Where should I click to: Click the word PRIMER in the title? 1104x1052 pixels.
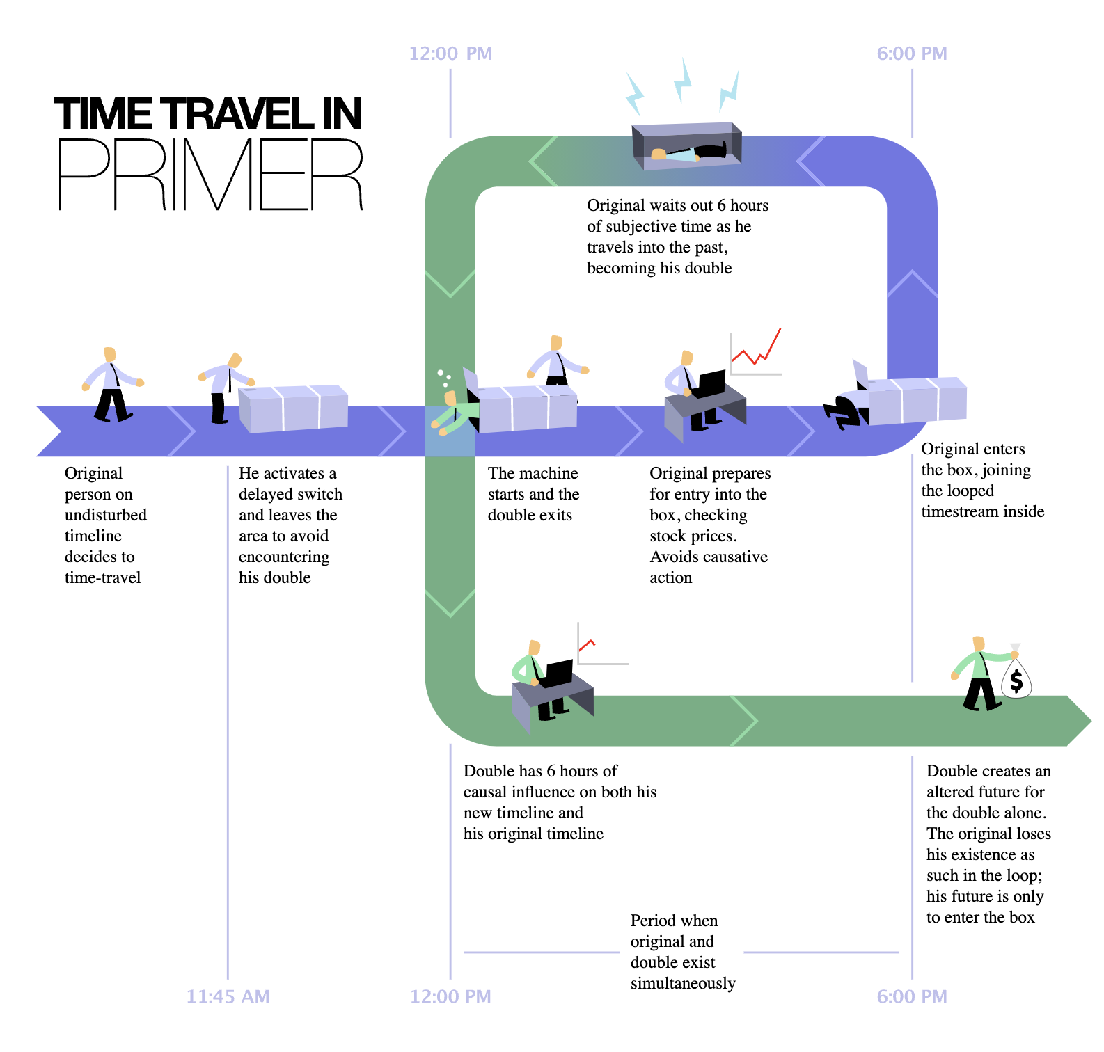point(210,175)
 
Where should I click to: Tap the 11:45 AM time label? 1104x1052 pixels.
point(228,996)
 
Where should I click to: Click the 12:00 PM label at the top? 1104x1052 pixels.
point(450,54)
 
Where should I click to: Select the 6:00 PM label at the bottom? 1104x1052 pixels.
point(912,996)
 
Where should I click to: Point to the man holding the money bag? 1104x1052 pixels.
point(980,674)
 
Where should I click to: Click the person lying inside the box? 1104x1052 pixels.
point(689,152)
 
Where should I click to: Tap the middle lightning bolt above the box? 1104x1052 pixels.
point(683,81)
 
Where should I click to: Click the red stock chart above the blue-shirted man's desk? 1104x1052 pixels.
point(756,352)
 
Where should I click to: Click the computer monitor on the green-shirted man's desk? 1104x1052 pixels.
point(559,673)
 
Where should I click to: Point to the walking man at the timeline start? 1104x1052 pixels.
point(112,384)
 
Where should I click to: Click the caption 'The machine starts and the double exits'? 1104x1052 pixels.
point(533,494)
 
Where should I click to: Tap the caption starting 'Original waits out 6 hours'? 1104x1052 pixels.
point(677,237)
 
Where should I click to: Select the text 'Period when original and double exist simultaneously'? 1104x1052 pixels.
point(682,952)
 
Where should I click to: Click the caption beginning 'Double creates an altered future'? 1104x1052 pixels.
point(988,844)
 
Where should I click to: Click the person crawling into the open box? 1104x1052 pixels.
point(846,411)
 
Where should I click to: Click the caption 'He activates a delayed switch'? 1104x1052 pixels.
point(290,525)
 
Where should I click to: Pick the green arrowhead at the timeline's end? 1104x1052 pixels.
point(1079,721)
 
